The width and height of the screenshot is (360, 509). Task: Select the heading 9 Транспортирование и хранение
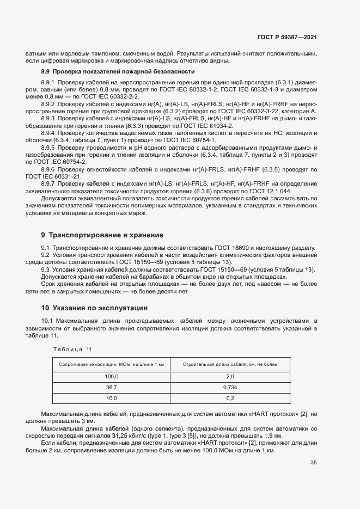tap(102, 235)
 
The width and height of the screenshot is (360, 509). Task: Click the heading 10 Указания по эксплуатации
tap(94, 308)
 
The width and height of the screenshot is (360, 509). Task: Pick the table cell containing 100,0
tap(111, 376)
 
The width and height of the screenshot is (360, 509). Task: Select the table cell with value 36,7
tap(111, 387)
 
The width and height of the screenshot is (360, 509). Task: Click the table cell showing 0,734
tap(230, 387)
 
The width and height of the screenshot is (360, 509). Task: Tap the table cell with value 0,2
tap(230, 398)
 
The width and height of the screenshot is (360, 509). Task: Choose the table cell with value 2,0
tap(230, 376)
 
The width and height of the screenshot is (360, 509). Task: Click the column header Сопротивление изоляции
tap(111, 364)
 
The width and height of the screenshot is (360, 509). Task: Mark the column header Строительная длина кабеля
tap(230, 364)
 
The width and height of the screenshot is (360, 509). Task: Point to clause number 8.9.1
tap(49, 82)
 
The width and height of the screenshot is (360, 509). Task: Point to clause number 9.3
tap(45, 269)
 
